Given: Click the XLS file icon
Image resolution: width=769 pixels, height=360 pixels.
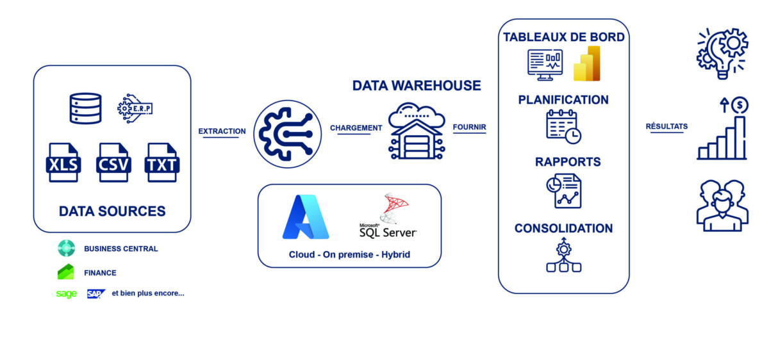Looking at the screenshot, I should pos(63,162).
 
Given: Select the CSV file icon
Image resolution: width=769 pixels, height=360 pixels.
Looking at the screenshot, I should pos(113,162).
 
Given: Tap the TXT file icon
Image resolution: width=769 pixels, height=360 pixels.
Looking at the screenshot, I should pos(162,162).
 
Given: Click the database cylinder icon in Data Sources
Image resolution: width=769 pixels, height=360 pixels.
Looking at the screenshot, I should pos(85,108).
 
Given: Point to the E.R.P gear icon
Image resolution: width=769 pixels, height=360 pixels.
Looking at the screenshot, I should pos(135,108).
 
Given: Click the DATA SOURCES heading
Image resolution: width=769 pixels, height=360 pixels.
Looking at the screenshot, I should pos(112,211).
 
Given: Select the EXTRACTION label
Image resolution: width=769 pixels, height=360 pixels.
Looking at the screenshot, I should pos(222,131).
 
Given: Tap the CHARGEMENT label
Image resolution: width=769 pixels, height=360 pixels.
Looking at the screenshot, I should pos(356,128).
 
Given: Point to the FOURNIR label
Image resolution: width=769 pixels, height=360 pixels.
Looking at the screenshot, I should pos(469,127).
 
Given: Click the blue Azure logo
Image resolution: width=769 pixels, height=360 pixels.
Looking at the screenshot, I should pos(306,217).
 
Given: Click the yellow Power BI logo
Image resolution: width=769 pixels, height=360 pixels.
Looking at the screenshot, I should pos(587,64).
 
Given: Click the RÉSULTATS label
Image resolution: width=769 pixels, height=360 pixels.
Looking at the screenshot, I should pos(666,127).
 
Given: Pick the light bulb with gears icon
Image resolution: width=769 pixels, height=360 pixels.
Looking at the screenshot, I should pos(722,53).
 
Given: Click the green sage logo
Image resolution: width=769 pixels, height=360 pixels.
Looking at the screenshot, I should pos(66,294).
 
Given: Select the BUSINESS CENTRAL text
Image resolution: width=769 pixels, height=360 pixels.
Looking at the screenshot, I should pos(120,249).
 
